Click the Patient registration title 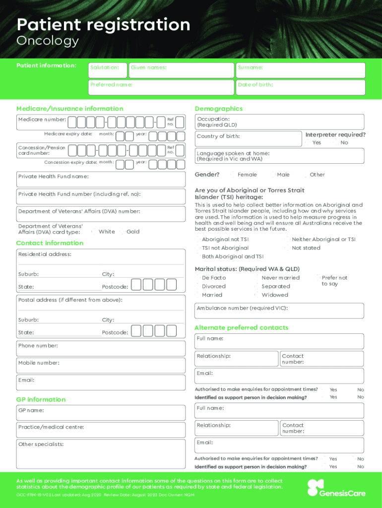(103, 24)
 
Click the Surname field (300, 70)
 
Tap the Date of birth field (300, 87)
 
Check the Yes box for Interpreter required (309, 143)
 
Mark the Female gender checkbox (234, 175)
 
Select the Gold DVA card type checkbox (123, 232)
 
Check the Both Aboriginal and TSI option (198, 256)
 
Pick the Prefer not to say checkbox (318, 278)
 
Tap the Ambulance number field (279, 311)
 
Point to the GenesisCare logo (336, 488)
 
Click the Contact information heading (50, 243)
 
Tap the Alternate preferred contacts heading (241, 328)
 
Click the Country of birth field (248, 139)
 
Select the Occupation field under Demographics (279, 122)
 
